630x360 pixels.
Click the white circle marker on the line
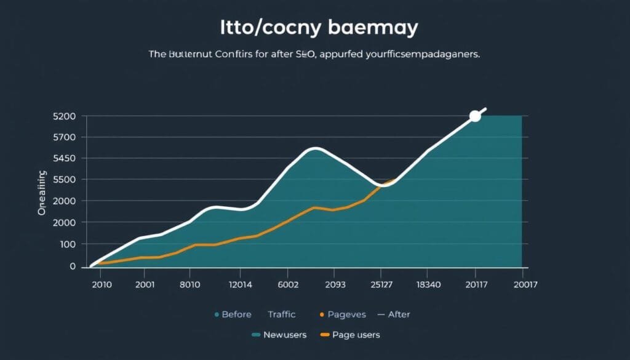coord(474,116)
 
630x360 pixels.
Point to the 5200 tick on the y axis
coord(65,116)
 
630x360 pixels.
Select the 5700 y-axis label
coord(65,137)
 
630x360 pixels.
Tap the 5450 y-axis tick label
coord(65,159)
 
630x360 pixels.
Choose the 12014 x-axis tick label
coord(239,285)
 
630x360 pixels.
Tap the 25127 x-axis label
coord(381,285)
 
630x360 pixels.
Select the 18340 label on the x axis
coord(428,285)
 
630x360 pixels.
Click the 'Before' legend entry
coord(236,314)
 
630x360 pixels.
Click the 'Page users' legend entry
coord(356,335)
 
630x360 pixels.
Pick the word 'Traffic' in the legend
coord(282,314)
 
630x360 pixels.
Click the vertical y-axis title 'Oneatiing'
coord(42,193)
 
